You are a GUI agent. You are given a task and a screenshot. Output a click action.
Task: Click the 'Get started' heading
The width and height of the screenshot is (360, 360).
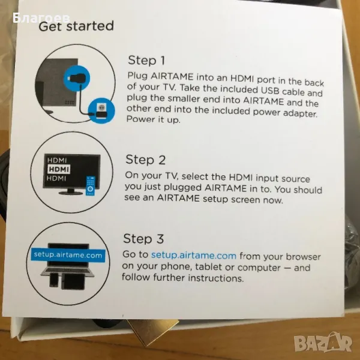tap(76, 26)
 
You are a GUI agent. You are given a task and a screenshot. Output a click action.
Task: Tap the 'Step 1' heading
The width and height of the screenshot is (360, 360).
tap(146, 61)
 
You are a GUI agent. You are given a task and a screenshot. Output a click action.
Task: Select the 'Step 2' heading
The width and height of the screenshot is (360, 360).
tap(146, 160)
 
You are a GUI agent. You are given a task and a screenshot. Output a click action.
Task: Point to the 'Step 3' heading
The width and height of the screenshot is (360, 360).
tap(143, 239)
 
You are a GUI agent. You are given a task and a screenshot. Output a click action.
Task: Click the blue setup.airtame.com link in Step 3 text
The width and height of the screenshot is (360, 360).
tap(194, 256)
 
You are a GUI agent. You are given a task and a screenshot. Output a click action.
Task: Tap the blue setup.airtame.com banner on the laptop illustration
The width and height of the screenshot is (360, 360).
tap(68, 255)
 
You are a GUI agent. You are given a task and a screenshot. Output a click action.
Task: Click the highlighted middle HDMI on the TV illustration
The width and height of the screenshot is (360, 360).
tap(59, 169)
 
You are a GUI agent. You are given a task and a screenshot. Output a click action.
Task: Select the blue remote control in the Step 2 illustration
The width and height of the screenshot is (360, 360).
tap(91, 186)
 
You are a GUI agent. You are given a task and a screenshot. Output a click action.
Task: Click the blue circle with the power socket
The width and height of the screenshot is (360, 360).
tap(101, 110)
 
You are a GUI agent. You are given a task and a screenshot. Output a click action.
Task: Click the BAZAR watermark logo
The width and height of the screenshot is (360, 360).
tap(323, 342)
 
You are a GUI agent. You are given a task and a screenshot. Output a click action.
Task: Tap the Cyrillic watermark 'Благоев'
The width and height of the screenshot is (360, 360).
tap(41, 18)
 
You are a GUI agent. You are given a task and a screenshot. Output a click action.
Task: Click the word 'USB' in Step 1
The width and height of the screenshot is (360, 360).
tap(270, 90)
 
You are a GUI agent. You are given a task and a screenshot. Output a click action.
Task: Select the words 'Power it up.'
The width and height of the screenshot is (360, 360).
tap(154, 119)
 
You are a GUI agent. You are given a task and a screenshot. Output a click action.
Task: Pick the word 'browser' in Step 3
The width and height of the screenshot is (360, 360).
tap(303, 257)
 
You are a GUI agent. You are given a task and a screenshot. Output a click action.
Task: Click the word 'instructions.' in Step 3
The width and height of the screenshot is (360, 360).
tap(216, 278)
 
